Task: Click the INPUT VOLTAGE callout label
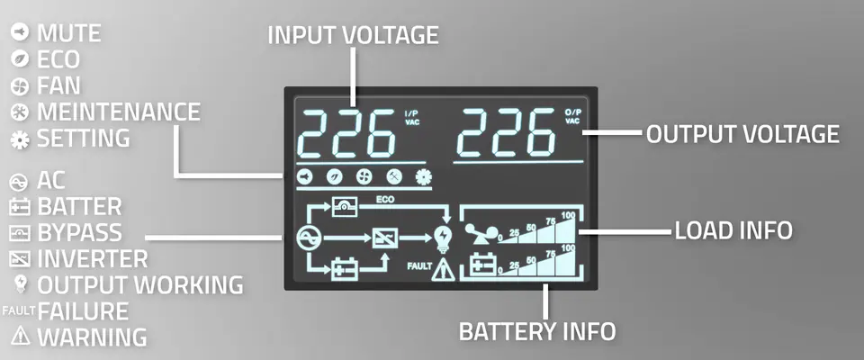click(x=353, y=35)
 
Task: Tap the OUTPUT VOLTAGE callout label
click(x=742, y=134)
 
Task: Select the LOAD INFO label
click(x=733, y=230)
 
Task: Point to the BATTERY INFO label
click(x=536, y=332)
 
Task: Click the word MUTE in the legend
click(x=69, y=33)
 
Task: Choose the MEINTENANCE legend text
click(x=119, y=112)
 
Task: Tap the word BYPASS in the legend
click(x=79, y=232)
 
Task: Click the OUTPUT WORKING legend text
click(x=140, y=285)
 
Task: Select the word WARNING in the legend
click(x=92, y=337)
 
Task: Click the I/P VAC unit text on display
click(x=411, y=117)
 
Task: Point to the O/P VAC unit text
click(x=572, y=117)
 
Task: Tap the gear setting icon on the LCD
click(x=424, y=176)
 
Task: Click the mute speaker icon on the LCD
click(x=304, y=176)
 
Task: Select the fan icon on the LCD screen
click(x=364, y=176)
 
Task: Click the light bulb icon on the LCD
click(x=444, y=239)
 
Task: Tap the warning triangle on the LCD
click(x=443, y=270)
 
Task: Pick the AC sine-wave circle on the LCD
click(x=306, y=238)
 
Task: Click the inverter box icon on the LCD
click(x=383, y=238)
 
